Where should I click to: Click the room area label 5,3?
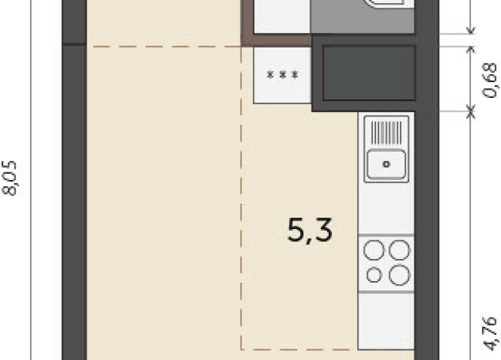point(310,229)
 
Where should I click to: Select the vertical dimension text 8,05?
point(11,178)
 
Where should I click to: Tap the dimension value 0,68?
point(488,79)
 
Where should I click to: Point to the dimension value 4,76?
point(488,335)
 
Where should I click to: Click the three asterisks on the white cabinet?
point(282,75)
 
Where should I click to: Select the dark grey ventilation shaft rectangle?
point(368,73)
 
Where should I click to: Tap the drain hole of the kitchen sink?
point(386,163)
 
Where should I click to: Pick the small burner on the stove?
point(374,275)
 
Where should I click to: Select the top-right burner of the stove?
point(398,250)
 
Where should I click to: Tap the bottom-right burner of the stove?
point(398,275)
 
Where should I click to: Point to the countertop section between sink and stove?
point(386,208)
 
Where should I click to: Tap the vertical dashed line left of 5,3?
point(242,230)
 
